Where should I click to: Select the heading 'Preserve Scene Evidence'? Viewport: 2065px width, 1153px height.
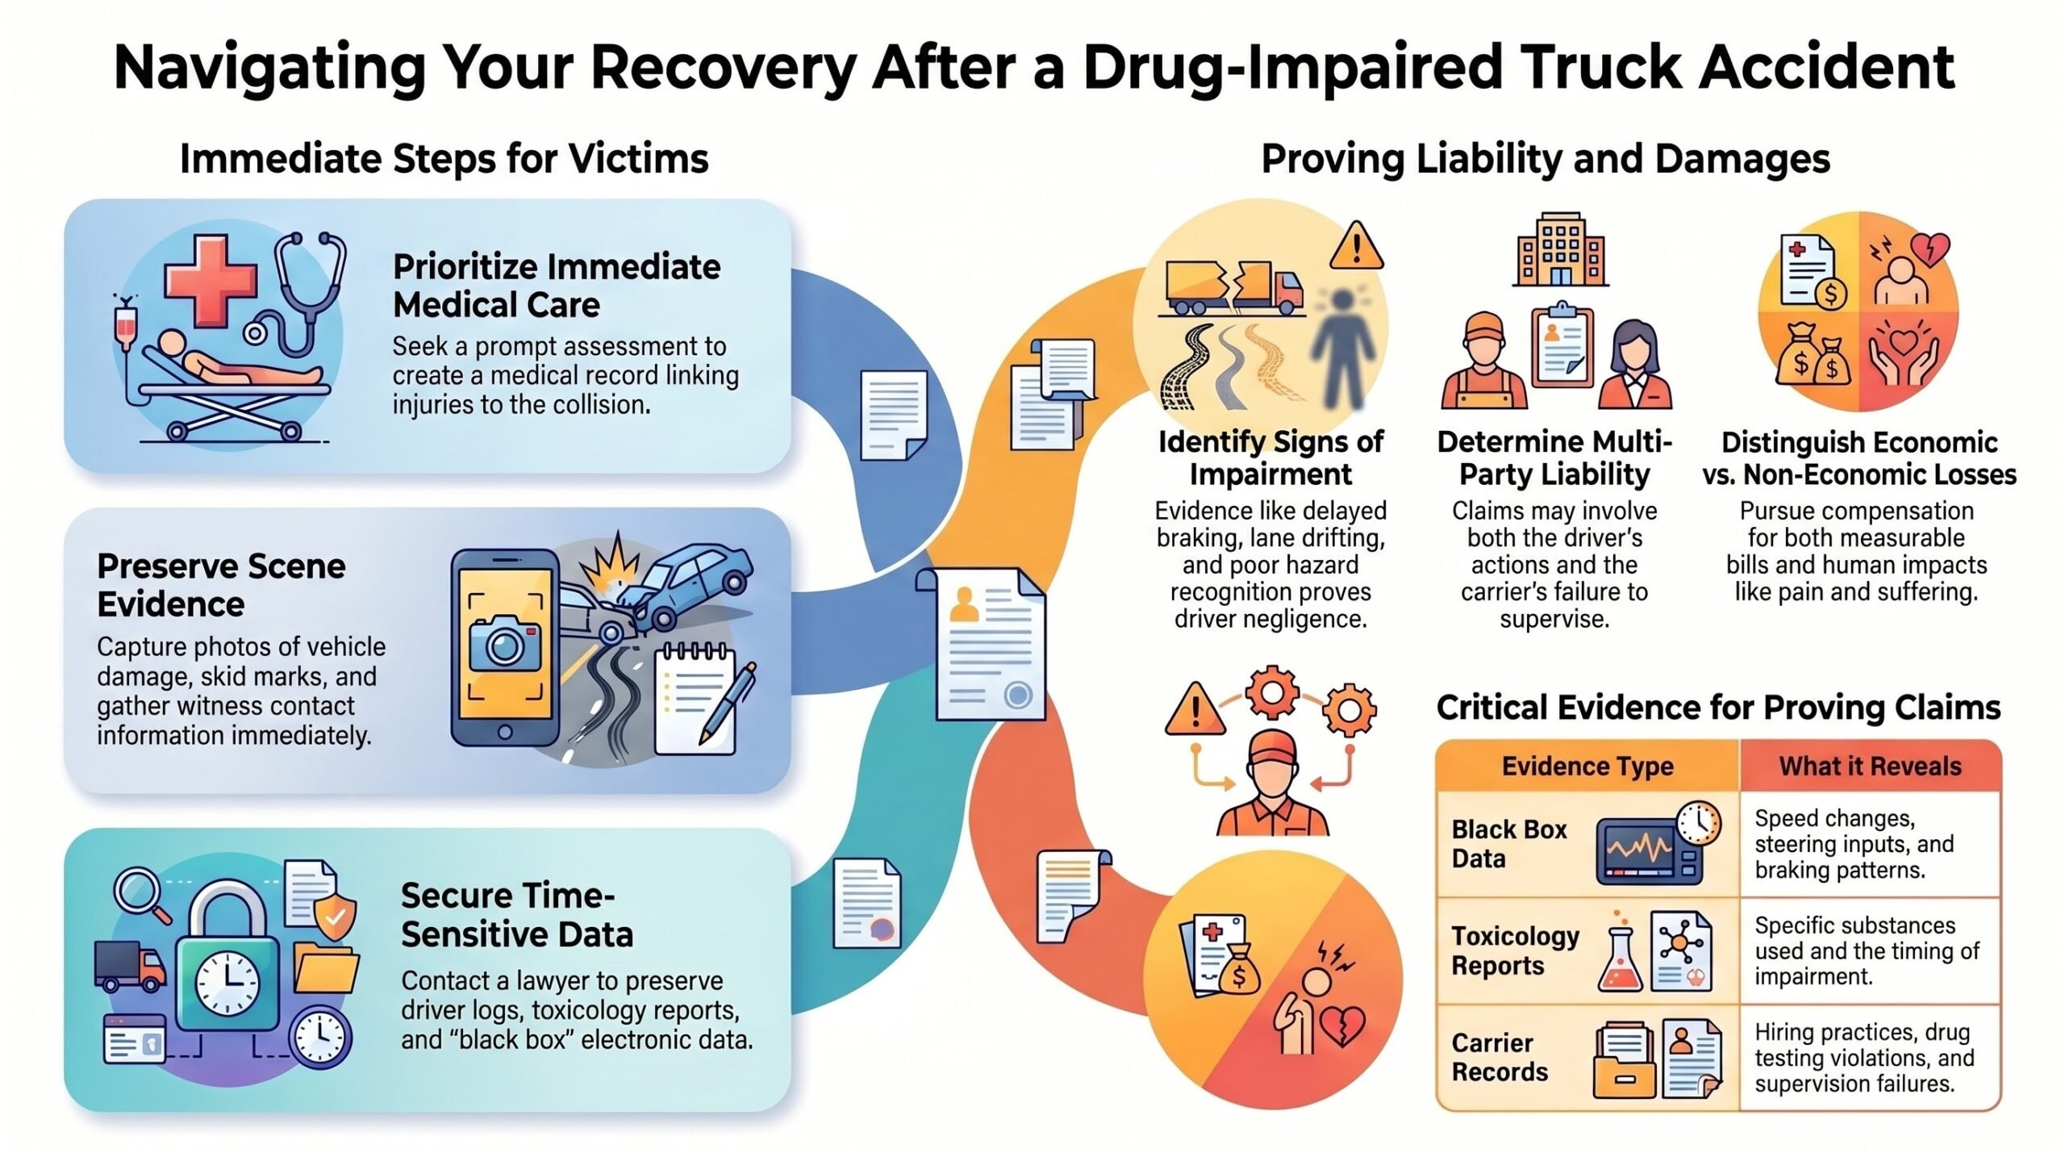pyautogui.click(x=221, y=585)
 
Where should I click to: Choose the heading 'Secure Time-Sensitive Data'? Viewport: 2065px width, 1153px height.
pyautogui.click(x=517, y=915)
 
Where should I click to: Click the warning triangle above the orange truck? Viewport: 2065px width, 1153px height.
pyautogui.click(x=1356, y=247)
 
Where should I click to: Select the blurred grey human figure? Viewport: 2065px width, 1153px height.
pyautogui.click(x=1341, y=347)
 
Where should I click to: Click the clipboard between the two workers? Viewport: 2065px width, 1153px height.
pyautogui.click(x=1561, y=348)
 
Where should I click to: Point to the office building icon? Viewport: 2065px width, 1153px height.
pyautogui.click(x=1560, y=249)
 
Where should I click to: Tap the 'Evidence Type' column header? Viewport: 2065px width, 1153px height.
pyautogui.click(x=1587, y=766)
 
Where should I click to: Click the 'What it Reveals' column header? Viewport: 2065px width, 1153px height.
pyautogui.click(x=1870, y=766)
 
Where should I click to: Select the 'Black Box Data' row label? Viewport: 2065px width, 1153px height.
pyautogui.click(x=1508, y=843)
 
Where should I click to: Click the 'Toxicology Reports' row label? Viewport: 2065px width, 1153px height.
pyautogui.click(x=1515, y=950)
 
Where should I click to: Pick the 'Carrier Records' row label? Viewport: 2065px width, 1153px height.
pyautogui.click(x=1500, y=1057)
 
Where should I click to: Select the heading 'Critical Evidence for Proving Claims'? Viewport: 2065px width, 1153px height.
pyautogui.click(x=1718, y=708)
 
